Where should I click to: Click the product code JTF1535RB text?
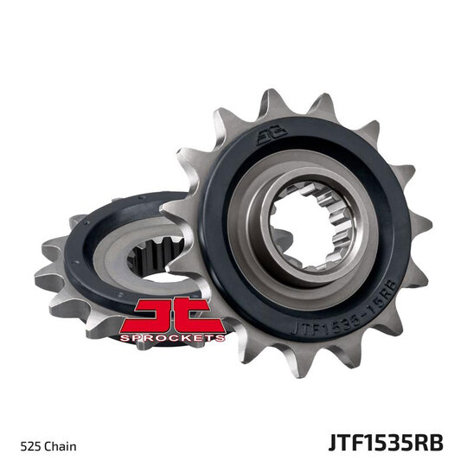386,421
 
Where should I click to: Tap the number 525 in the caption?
35,423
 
